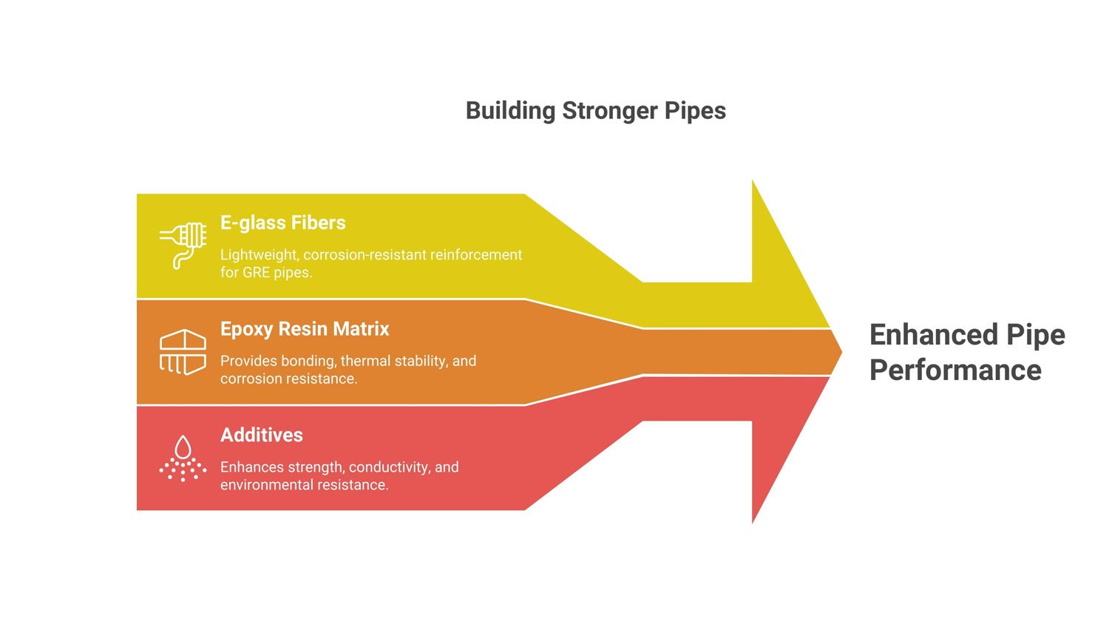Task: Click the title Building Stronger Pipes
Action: click(x=595, y=111)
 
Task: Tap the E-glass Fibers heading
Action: click(x=282, y=223)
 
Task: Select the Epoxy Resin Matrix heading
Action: click(x=305, y=329)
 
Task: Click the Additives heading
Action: click(x=261, y=435)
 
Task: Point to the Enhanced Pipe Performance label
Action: click(x=966, y=352)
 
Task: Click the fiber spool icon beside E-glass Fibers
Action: click(x=183, y=244)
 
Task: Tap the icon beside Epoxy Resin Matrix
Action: click(x=183, y=352)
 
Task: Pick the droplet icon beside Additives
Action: click(x=183, y=458)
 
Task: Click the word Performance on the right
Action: click(x=955, y=370)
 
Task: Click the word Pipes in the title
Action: click(x=695, y=111)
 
